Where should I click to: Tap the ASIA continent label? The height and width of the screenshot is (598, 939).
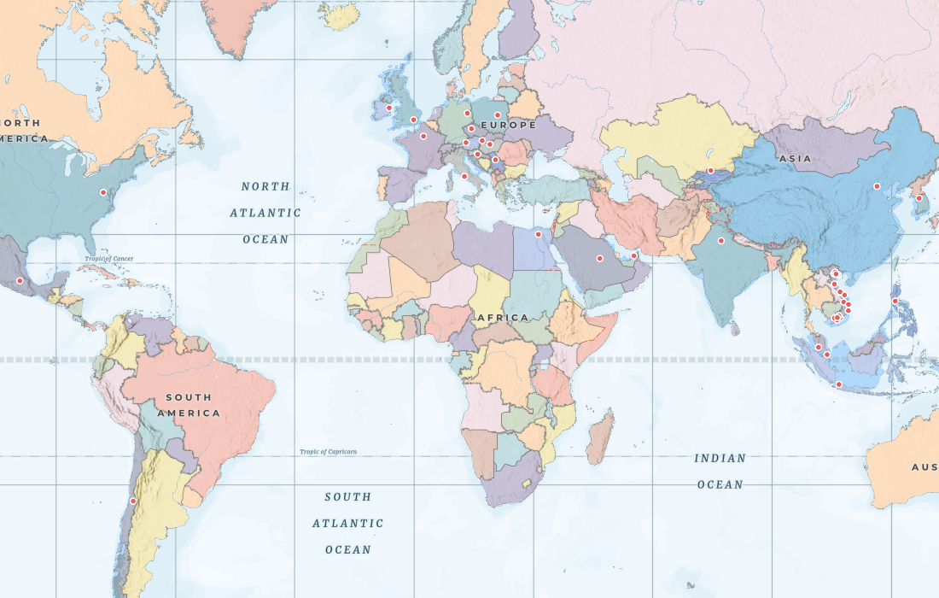794,159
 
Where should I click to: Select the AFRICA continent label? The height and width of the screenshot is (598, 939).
504,318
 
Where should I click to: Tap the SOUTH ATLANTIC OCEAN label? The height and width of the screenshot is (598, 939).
347,523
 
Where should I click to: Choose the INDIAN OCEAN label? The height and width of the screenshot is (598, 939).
720,471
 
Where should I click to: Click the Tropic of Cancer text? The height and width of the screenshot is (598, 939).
109,258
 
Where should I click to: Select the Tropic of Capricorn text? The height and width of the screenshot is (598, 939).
328,451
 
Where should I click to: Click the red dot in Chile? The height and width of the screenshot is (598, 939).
132,501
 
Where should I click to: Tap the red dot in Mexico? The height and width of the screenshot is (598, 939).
20,281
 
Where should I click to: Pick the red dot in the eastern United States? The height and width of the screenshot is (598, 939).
103,192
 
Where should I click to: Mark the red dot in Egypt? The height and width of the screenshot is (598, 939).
539,234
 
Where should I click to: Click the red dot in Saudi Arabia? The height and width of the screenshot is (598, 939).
600,258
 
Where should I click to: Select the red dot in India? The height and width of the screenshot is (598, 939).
721,241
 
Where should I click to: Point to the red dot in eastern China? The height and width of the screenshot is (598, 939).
877,186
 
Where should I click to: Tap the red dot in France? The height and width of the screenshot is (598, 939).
423,137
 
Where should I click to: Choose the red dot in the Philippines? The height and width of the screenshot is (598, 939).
895,301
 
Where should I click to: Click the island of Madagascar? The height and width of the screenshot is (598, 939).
601,436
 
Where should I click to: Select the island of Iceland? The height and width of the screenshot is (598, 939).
341,16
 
